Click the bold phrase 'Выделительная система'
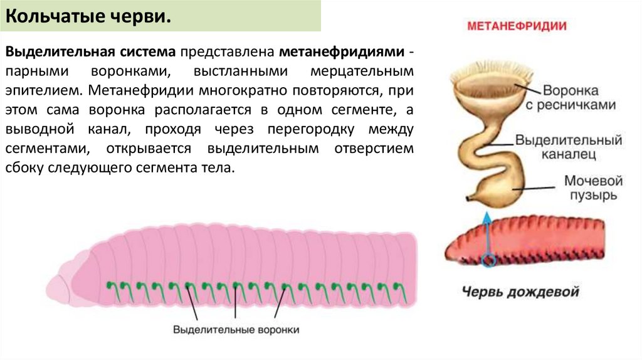(92, 50)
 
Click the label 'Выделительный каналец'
(569, 146)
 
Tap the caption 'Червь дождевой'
(520, 292)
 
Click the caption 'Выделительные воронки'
(236, 329)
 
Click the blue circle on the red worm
(488, 259)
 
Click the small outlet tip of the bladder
(470, 199)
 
